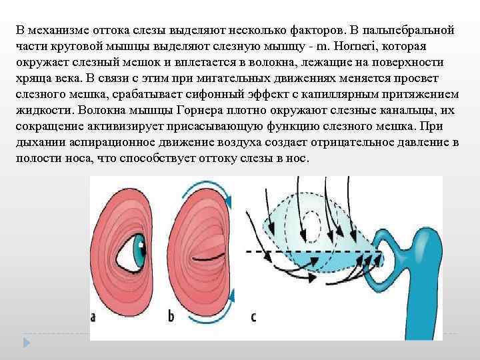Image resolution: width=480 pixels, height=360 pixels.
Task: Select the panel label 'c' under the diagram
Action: coord(253,317)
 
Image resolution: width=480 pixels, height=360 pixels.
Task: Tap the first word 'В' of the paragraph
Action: coord(20,31)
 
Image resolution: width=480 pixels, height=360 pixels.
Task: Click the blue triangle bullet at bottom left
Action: coord(27,343)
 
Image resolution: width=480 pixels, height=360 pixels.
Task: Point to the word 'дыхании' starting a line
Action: coord(38,143)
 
